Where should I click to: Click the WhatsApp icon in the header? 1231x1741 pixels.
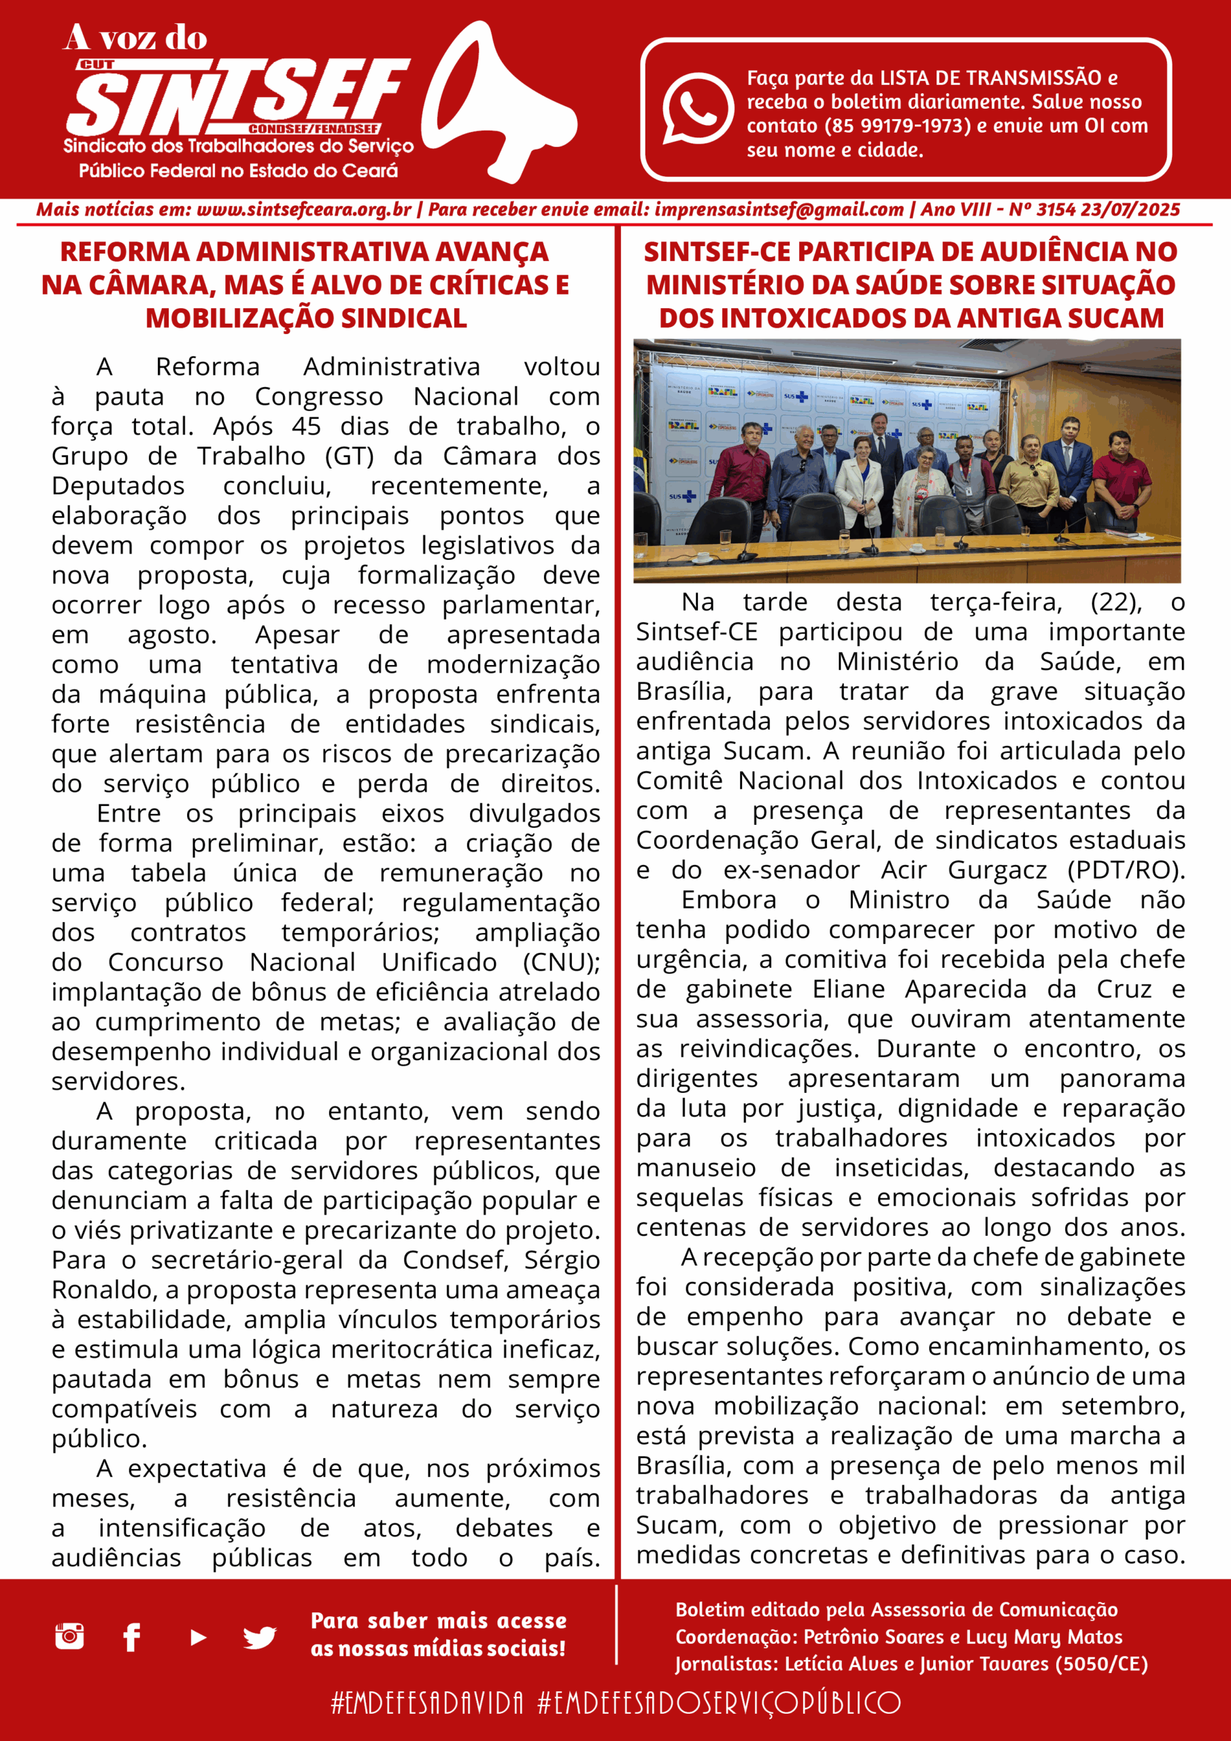(x=697, y=107)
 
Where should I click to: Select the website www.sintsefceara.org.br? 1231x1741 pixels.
(x=303, y=210)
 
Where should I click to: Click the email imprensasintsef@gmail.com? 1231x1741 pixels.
(x=779, y=210)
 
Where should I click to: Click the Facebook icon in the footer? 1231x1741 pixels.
(x=132, y=1637)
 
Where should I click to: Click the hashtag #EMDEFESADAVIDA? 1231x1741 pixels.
(x=427, y=1702)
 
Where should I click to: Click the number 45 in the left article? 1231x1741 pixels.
(x=307, y=426)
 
